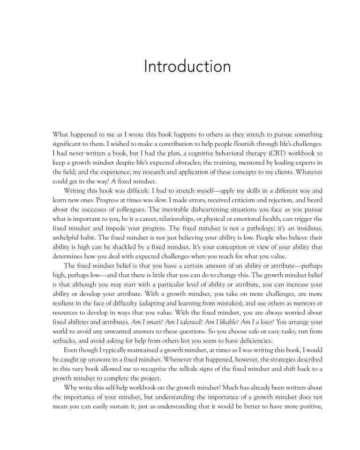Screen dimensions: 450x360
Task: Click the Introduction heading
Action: (187, 66)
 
